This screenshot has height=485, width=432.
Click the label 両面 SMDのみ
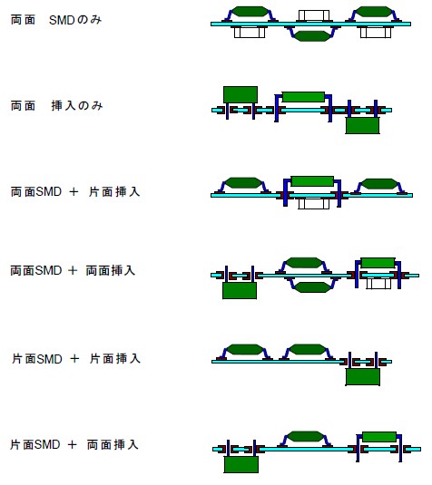tap(56, 20)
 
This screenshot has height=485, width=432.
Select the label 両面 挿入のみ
tap(56, 106)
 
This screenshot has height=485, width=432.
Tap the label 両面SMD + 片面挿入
tap(75, 192)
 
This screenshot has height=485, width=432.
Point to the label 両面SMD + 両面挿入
tap(73, 271)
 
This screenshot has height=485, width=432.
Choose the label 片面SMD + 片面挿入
tap(76, 359)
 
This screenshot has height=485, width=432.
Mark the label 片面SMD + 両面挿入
tap(74, 445)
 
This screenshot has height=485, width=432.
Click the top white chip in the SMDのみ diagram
tap(314, 15)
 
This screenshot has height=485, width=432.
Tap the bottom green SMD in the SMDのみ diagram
tap(312, 36)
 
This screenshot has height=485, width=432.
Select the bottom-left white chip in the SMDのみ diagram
tap(250, 33)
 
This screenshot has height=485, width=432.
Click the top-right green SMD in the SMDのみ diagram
tap(374, 12)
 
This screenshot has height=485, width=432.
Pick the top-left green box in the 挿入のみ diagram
tap(241, 94)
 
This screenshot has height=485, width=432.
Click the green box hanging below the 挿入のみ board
tap(362, 125)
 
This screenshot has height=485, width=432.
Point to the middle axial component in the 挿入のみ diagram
tap(303, 97)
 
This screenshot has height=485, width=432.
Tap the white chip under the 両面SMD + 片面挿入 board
tap(314, 204)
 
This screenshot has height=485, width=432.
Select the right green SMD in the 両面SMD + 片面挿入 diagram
tap(379, 184)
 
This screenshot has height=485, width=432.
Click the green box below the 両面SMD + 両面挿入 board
tap(240, 291)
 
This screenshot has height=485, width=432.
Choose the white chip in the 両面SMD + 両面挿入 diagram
tap(378, 284)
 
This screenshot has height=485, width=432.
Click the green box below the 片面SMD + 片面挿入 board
tap(363, 377)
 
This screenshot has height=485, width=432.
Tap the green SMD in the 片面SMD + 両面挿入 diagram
tap(305, 437)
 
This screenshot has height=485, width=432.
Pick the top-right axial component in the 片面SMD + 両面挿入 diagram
tap(379, 437)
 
